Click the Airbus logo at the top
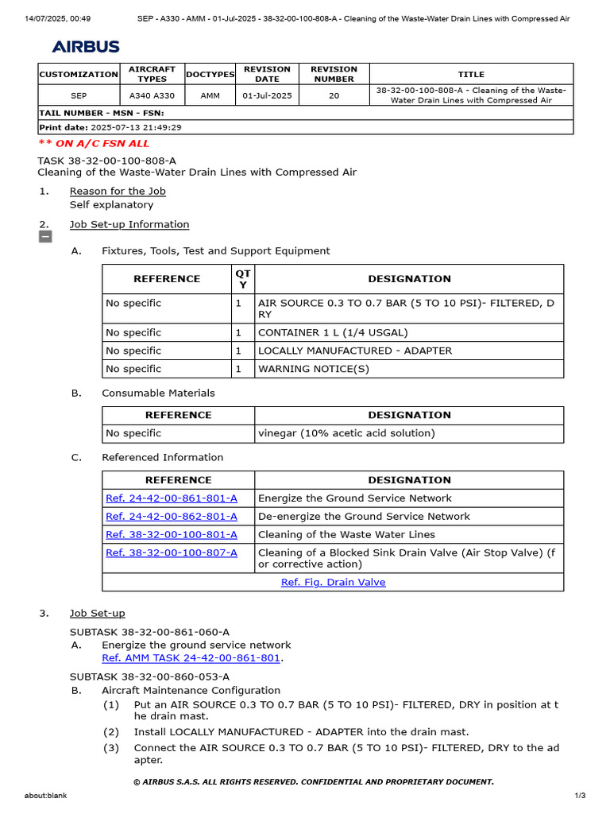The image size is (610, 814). point(86,47)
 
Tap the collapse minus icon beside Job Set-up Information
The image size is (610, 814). point(45,237)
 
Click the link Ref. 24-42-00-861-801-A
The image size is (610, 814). point(171,498)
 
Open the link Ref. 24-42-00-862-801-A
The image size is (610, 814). point(171,517)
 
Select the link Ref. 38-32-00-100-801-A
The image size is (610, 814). point(171,535)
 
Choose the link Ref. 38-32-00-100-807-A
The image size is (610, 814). point(171,553)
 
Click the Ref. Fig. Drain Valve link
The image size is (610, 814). point(333,583)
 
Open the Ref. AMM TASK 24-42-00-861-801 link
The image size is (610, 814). point(191,658)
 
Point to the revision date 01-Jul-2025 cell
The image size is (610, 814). point(267,95)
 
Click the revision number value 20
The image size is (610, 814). point(334,95)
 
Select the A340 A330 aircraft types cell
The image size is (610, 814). point(152,95)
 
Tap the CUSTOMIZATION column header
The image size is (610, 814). point(79,75)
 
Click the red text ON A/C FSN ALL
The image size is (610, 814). point(94,144)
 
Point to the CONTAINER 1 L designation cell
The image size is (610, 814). point(333,333)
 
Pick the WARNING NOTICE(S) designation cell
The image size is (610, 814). point(313,370)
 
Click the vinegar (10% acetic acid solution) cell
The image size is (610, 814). point(346,434)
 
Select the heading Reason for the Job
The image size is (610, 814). point(118,192)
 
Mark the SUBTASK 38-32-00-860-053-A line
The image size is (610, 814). point(149,677)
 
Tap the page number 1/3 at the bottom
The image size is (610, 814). point(580,796)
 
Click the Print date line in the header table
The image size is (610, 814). point(110,127)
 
